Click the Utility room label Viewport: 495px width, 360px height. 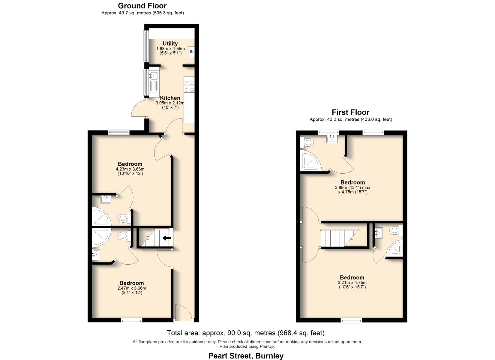pyautogui.click(x=170, y=43)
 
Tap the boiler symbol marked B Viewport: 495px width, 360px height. pyautogui.click(x=191, y=52)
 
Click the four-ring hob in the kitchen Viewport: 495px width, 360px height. pyautogui.click(x=189, y=87)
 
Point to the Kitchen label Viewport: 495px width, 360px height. pyautogui.click(x=170, y=98)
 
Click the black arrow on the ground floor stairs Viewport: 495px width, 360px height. pyautogui.click(x=167, y=238)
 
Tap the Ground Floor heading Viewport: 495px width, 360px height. pyautogui.click(x=142, y=6)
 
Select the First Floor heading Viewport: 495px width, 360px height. pyautogui.click(x=350, y=112)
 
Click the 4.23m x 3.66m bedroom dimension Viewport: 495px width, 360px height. pyautogui.click(x=130, y=169)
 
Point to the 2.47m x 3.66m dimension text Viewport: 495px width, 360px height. pyautogui.click(x=132, y=288)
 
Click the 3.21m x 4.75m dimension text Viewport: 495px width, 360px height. pyautogui.click(x=352, y=283)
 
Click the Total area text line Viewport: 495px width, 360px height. pyautogui.click(x=246, y=333)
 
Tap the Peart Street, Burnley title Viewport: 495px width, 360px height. pyautogui.click(x=246, y=356)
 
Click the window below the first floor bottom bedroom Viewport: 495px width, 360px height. pyautogui.click(x=351, y=321)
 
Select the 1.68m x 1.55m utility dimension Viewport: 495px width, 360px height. pyautogui.click(x=170, y=49)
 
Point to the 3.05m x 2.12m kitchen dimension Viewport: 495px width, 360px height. pyautogui.click(x=170, y=103)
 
